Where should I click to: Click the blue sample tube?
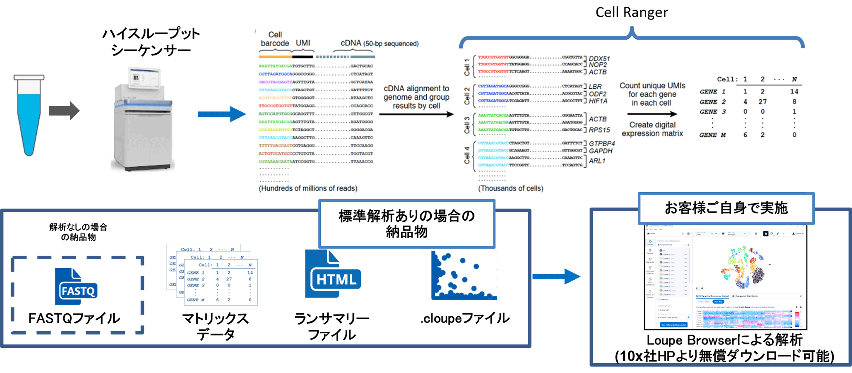(29, 115)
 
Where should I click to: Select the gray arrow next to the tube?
(64, 111)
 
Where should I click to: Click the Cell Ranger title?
(632, 12)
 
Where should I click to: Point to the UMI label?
(303, 43)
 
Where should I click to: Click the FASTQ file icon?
(77, 287)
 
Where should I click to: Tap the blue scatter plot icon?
(463, 276)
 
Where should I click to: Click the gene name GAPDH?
(601, 151)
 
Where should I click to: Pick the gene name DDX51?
(599, 58)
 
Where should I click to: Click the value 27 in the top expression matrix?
(762, 101)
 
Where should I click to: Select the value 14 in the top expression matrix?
(794, 91)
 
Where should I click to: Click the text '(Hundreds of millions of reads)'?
(308, 188)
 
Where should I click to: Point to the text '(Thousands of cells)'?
(511, 188)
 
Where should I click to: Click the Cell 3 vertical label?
(467, 124)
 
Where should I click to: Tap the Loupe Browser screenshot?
(725, 277)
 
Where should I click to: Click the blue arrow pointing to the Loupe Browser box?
(556, 276)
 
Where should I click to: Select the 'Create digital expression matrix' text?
(652, 129)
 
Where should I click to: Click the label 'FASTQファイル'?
(75, 318)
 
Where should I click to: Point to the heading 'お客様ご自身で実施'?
(726, 208)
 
